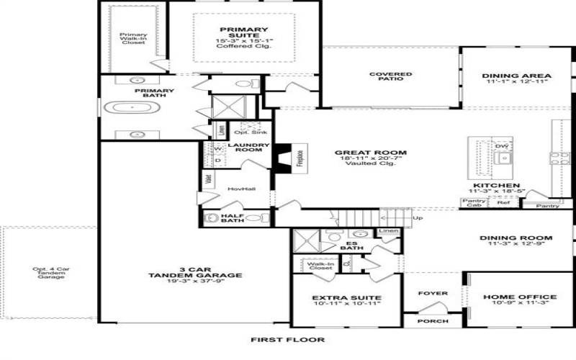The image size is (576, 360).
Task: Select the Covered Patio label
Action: tap(390, 76)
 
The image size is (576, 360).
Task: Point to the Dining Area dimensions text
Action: tap(516, 82)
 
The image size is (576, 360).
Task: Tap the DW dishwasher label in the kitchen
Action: tap(503, 146)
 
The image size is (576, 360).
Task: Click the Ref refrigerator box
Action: tap(503, 203)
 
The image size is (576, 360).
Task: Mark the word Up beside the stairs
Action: tap(418, 217)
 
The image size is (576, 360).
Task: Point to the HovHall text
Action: tap(238, 189)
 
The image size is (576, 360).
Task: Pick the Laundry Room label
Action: tap(248, 147)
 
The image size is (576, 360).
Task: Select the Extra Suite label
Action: tap(346, 297)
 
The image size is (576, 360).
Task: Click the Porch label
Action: tap(433, 321)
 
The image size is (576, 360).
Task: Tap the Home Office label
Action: tap(520, 297)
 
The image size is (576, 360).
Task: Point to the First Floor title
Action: tap(287, 339)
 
